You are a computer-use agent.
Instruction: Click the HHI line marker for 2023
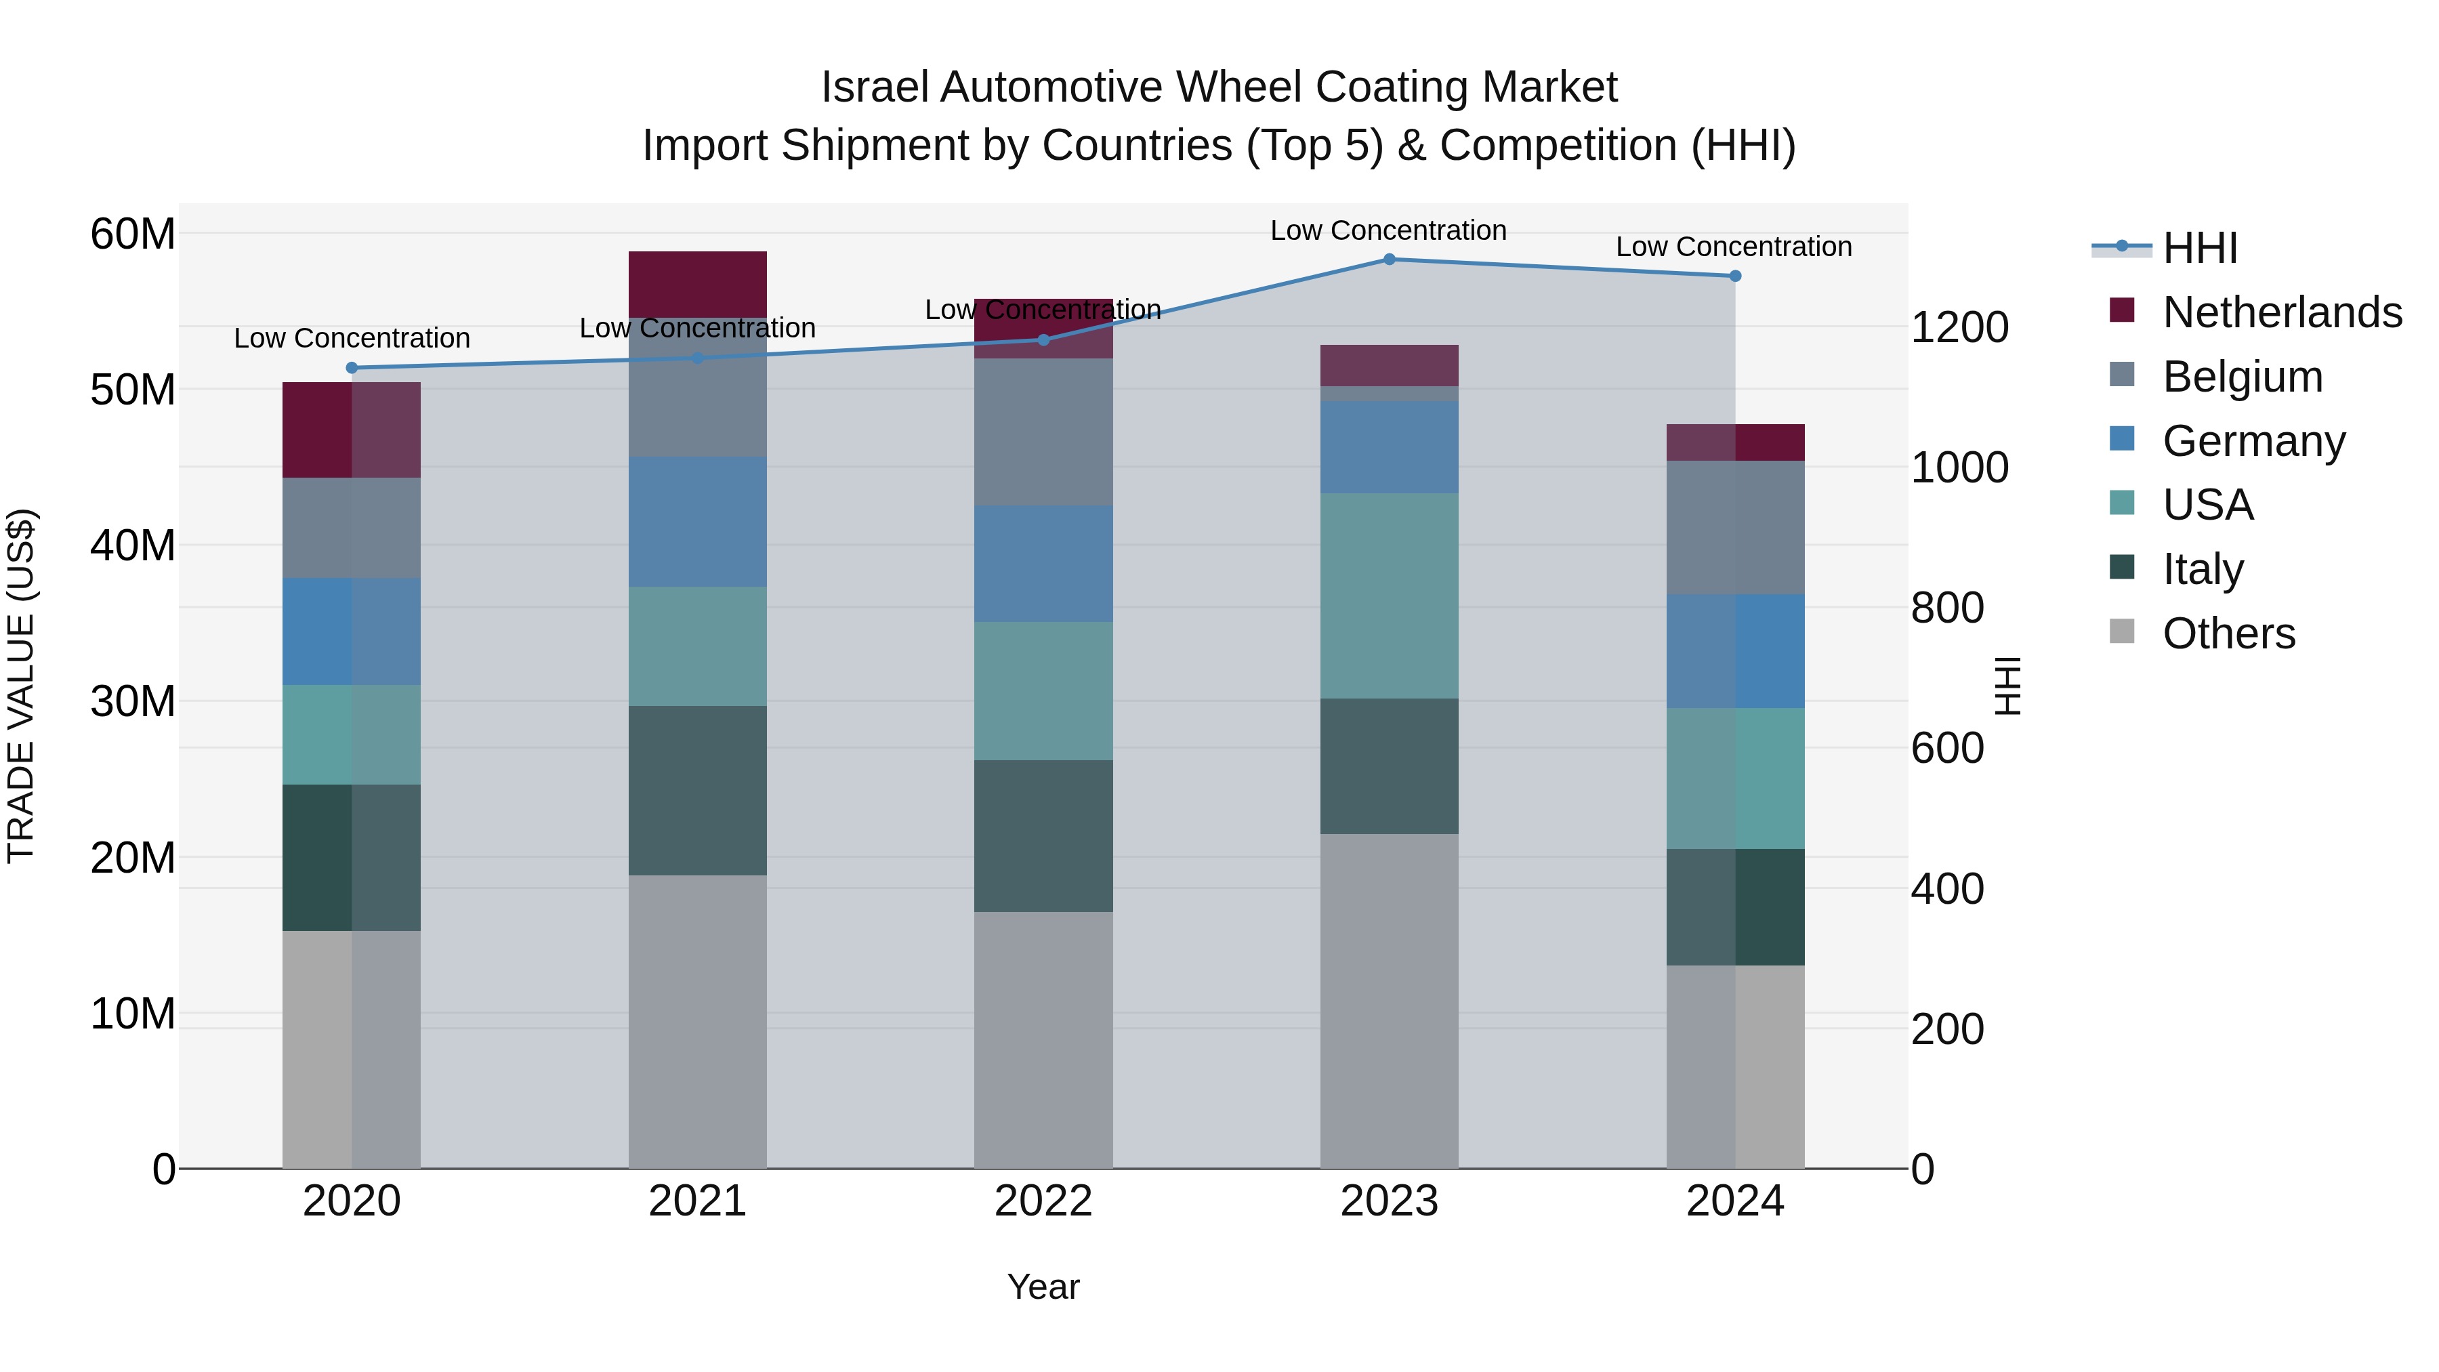pyautogui.click(x=1389, y=259)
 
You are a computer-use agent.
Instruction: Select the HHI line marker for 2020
pyautogui.click(x=352, y=369)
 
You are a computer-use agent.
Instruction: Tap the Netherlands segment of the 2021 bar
pyautogui.click(x=698, y=284)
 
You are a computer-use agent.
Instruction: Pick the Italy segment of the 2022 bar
pyautogui.click(x=1043, y=835)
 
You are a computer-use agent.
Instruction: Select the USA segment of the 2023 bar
pyautogui.click(x=1389, y=596)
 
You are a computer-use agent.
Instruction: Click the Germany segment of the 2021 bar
pyautogui.click(x=698, y=522)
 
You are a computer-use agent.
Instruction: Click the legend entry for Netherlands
pyautogui.click(x=2282, y=312)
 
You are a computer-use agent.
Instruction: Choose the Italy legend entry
pyautogui.click(x=2203, y=569)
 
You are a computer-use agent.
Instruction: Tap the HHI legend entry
pyautogui.click(x=2198, y=248)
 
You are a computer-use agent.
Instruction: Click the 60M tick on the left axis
pyautogui.click(x=133, y=234)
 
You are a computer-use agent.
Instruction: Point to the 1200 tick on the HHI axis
pyautogui.click(x=1958, y=328)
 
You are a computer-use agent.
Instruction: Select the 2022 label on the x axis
pyautogui.click(x=1043, y=1201)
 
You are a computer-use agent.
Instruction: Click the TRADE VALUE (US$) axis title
pyautogui.click(x=21, y=686)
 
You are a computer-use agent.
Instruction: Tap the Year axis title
pyautogui.click(x=1043, y=1287)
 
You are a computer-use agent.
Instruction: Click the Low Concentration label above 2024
pyautogui.click(x=1734, y=247)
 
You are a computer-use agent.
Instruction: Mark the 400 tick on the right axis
pyautogui.click(x=1946, y=889)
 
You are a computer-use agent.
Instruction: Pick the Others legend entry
pyautogui.click(x=2229, y=633)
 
